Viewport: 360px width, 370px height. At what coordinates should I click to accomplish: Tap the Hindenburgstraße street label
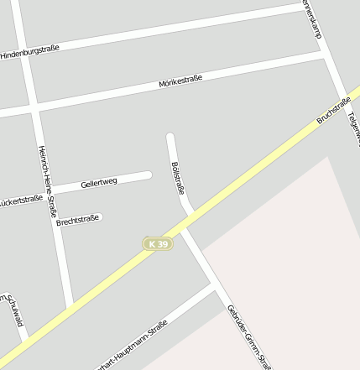(29, 52)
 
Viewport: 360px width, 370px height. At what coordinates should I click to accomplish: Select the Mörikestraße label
(180, 82)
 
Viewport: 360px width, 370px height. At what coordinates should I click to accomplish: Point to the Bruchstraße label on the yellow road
(333, 110)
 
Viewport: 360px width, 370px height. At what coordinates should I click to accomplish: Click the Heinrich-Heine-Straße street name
(47, 180)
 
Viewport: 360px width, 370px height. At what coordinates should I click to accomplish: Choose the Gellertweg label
(98, 182)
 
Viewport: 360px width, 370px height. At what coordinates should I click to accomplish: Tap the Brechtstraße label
(77, 221)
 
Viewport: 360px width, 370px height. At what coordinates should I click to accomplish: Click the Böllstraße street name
(177, 176)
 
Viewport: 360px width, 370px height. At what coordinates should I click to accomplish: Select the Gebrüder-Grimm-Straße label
(248, 336)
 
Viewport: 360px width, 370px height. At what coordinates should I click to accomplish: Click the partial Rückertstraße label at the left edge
(20, 201)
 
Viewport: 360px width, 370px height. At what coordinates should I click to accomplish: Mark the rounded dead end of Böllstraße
(170, 136)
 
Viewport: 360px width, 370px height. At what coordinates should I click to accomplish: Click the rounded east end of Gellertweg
(148, 175)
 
